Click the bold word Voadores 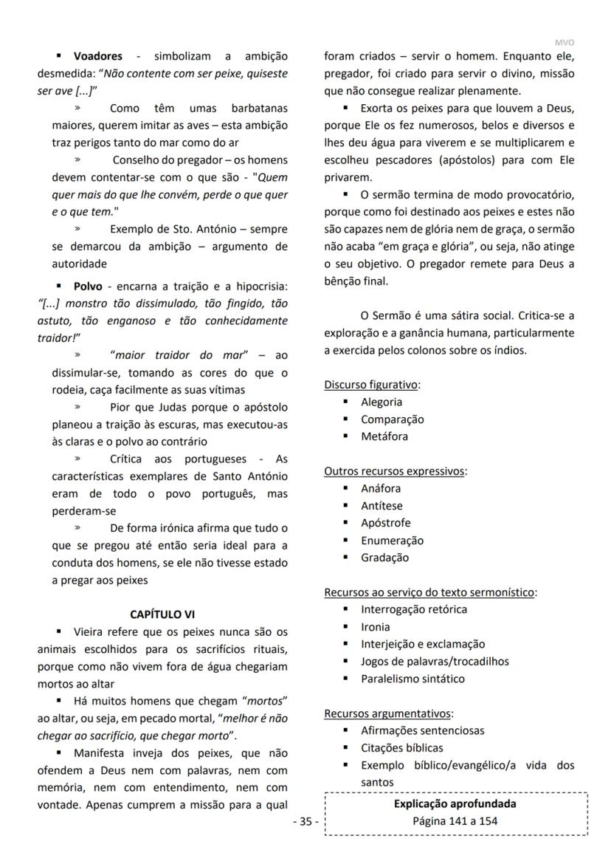97,56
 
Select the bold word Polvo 88,287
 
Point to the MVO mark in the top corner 564,43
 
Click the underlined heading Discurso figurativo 372,385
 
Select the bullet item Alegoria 382,402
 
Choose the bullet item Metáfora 384,436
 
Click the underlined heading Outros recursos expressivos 395,471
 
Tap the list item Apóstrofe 386,523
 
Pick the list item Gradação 384,558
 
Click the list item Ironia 376,627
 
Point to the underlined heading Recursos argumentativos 388,713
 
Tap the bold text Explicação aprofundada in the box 455,804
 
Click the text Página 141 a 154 455,820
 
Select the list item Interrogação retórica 414,609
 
